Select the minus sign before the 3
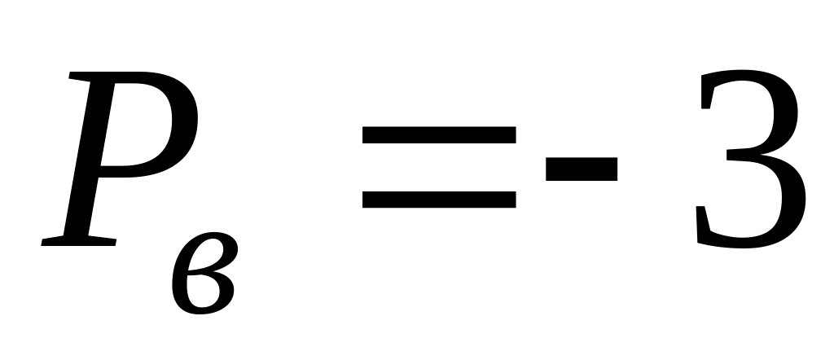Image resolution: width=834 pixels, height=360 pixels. click(582, 169)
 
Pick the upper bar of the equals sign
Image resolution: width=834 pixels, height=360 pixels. click(439, 134)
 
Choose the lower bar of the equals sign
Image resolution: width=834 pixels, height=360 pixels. click(439, 200)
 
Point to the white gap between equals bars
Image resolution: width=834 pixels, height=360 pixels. click(439, 167)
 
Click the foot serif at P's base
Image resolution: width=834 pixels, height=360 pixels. click(79, 241)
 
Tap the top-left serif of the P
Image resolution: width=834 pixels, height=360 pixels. click(80, 76)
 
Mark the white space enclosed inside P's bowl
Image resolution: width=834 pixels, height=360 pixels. click(137, 124)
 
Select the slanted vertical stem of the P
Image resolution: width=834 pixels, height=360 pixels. click(90, 159)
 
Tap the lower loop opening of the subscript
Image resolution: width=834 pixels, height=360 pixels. click(203, 291)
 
